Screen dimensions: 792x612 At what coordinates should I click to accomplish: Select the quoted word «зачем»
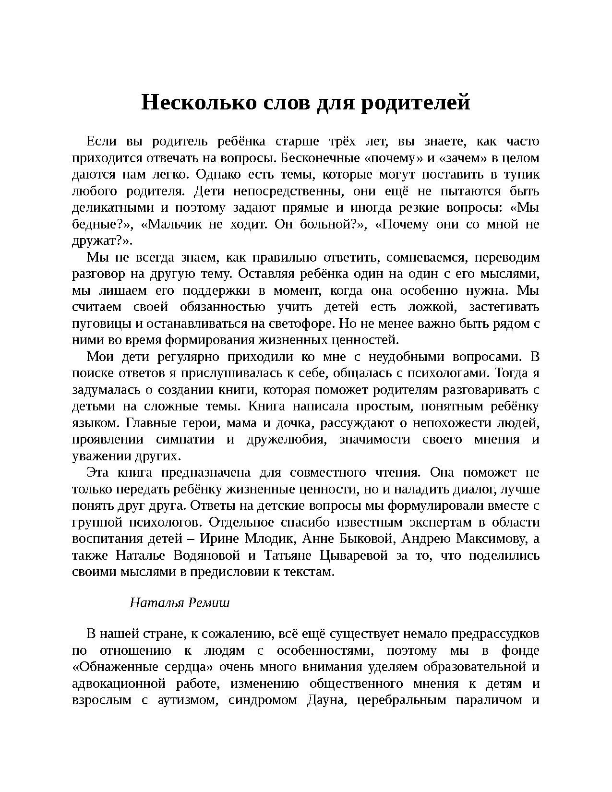tap(463, 158)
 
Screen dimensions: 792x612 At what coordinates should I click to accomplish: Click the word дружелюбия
tap(285, 440)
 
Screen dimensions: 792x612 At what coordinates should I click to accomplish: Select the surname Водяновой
tap(206, 556)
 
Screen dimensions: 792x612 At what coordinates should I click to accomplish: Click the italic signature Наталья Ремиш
tap(180, 603)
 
